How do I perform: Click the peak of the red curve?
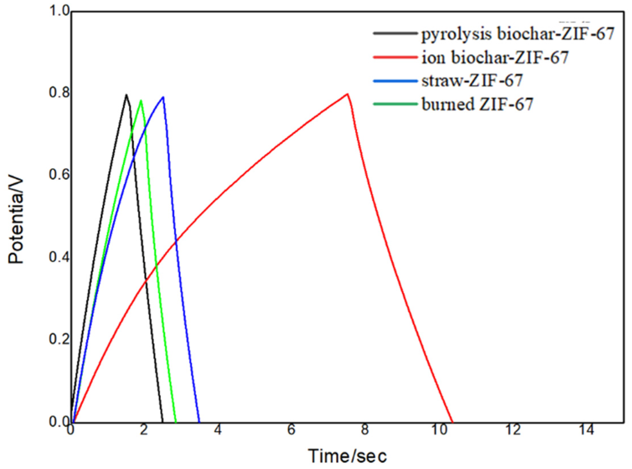click(347, 94)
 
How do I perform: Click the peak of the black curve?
click(126, 95)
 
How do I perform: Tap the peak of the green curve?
click(141, 100)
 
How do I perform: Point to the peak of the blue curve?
click(163, 97)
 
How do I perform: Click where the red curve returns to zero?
click(453, 422)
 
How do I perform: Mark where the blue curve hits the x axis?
click(199, 422)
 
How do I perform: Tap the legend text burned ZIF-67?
click(477, 104)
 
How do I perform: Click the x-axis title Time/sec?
click(348, 456)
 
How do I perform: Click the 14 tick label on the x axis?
click(587, 430)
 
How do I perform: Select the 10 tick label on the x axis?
click(439, 430)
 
